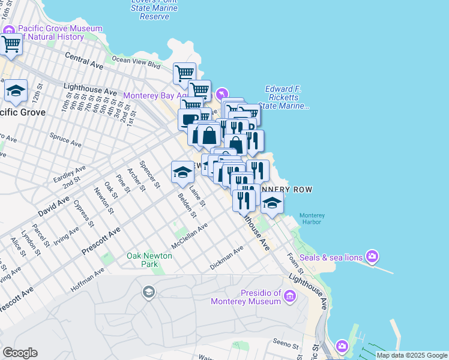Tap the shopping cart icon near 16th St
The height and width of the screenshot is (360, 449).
[11, 44]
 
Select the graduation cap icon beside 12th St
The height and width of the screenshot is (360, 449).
[16, 91]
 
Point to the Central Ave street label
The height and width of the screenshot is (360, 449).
[85, 59]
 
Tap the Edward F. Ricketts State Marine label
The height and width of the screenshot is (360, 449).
[286, 98]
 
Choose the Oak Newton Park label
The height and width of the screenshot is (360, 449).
[149, 260]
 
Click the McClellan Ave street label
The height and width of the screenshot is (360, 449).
[189, 237]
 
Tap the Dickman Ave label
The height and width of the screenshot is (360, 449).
[227, 257]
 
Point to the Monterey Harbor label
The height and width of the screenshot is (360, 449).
[312, 219]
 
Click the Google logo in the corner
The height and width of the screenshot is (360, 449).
[20, 353]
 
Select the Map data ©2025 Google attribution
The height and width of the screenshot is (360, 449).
[412, 355]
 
